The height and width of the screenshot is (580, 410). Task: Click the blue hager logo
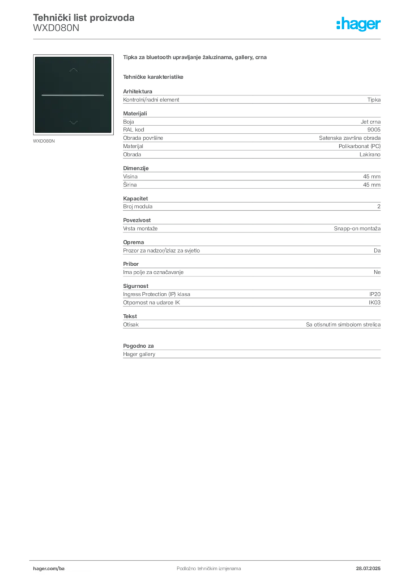click(x=359, y=25)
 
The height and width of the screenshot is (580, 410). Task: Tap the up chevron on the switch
click(x=73, y=70)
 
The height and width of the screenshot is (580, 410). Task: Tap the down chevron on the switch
click(x=73, y=121)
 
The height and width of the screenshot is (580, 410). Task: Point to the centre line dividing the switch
click(x=73, y=95)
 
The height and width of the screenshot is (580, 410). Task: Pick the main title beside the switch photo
click(x=197, y=58)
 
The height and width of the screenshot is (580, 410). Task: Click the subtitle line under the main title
click(x=154, y=76)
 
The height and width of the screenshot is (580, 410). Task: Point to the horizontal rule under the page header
click(x=208, y=39)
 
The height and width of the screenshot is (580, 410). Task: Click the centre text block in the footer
click(x=202, y=565)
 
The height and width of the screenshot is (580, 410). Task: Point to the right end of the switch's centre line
click(x=103, y=95)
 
